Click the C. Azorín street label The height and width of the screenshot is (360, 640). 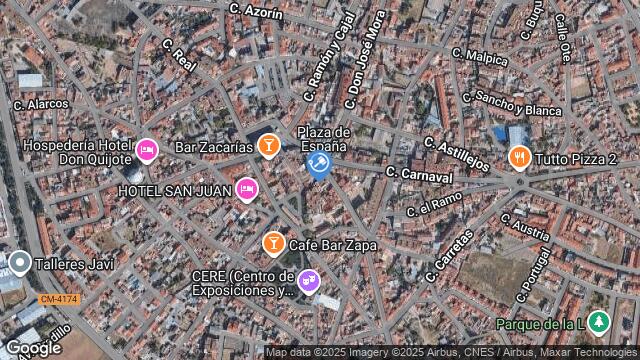tap(256, 10)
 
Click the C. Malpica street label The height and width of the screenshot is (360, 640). tap(480, 55)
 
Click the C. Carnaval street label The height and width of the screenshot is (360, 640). tap(419, 175)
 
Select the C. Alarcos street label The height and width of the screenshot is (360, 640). tap(40, 103)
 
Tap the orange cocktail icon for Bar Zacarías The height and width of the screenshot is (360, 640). tap(268, 147)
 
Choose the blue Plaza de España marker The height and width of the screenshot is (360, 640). tap(319, 163)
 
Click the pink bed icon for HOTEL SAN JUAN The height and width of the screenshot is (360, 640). tap(246, 189)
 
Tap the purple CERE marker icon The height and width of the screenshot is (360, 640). tap(309, 279)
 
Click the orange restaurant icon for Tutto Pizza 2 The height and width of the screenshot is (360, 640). tap(519, 157)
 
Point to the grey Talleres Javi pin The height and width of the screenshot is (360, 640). tap(20, 262)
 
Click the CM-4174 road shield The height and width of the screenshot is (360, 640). tap(58, 299)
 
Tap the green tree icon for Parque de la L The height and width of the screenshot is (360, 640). tap(598, 322)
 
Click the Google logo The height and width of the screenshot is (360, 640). tap(33, 347)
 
